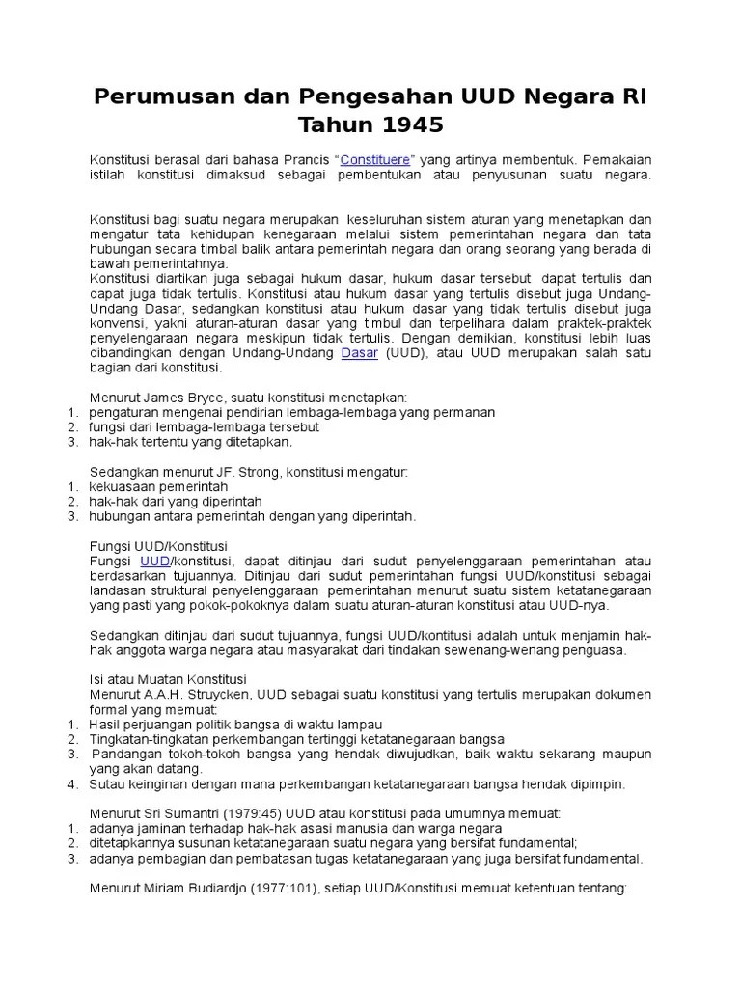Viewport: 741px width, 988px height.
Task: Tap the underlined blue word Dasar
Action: coord(361,352)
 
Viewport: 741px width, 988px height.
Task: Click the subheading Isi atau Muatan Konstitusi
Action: coord(168,679)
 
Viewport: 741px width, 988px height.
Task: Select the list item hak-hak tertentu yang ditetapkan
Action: coord(190,442)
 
